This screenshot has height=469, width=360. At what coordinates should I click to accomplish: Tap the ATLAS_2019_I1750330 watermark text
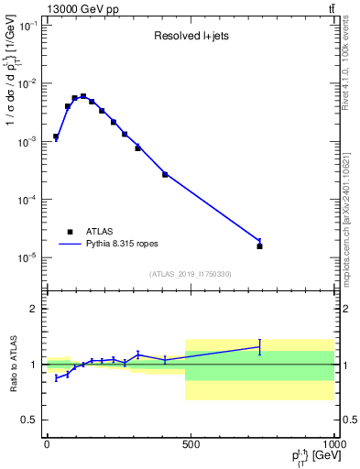tap(191, 274)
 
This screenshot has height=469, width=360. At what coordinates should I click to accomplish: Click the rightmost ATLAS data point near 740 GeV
tap(259, 245)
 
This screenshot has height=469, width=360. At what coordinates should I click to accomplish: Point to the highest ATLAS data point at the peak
tap(83, 96)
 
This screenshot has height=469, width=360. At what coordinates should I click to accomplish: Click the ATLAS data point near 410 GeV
tap(165, 174)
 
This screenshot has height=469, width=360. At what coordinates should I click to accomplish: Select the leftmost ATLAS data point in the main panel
tap(56, 136)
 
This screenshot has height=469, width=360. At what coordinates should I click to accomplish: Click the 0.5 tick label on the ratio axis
tap(29, 420)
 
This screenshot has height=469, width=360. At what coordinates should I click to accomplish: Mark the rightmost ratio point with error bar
tap(259, 346)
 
